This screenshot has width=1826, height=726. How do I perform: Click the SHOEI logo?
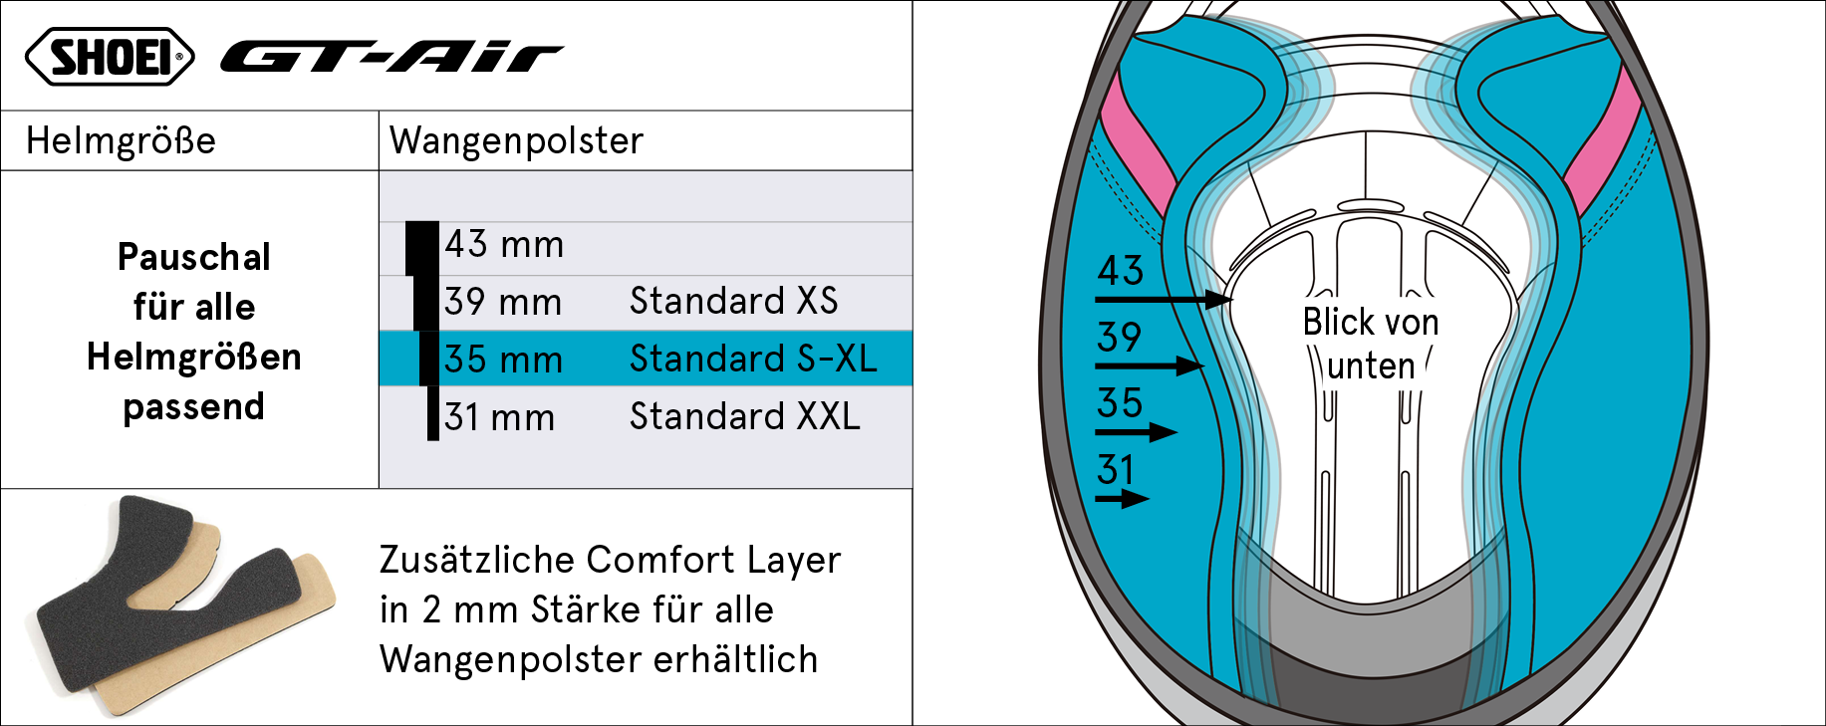click(110, 57)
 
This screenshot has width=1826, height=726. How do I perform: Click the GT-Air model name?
click(392, 58)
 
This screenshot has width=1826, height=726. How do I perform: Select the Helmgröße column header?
click(121, 141)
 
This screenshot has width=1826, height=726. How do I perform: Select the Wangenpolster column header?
click(516, 141)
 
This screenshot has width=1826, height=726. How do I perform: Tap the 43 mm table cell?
click(504, 245)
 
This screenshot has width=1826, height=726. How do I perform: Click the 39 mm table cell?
click(503, 302)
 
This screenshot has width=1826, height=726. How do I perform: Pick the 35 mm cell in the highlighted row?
click(503, 360)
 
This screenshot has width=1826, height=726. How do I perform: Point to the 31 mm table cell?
click(499, 417)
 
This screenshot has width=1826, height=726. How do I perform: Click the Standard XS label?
click(734, 301)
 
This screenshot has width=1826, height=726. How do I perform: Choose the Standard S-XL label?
click(754, 359)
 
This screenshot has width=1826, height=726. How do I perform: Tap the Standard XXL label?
click(745, 416)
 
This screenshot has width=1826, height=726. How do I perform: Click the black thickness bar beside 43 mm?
click(422, 248)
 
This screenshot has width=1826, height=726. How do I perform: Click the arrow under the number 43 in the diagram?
click(1164, 299)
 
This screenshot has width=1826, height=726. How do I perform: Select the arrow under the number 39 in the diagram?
click(1150, 365)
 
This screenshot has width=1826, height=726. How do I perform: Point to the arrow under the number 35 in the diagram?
click(1136, 432)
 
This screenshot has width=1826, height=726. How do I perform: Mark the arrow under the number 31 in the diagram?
click(1122, 499)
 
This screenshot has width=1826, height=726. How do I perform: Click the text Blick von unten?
click(1371, 344)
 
